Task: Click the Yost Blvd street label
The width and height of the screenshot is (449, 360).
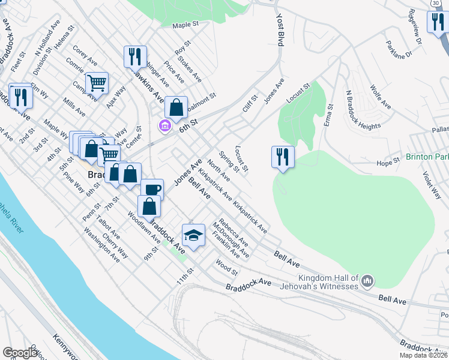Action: tap(279, 30)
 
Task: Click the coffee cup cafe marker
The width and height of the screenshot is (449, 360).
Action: tap(152, 190)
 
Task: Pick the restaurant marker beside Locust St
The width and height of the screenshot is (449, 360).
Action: tap(283, 158)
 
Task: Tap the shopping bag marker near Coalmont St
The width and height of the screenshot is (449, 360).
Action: tap(176, 108)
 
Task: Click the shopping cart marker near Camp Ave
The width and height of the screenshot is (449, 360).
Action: tap(97, 83)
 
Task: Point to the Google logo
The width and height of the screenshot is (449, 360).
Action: tap(20, 353)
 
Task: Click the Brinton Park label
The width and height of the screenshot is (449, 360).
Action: tap(427, 157)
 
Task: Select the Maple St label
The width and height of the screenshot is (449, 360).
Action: tap(185, 25)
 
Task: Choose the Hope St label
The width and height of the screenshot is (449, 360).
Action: tap(388, 162)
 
